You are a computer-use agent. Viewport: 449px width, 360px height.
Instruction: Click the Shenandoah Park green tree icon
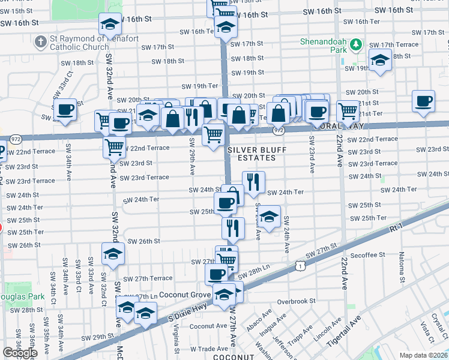pos(356,44)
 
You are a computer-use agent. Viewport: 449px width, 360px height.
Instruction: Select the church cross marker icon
pos(41,42)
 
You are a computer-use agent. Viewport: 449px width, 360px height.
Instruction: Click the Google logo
pos(20,353)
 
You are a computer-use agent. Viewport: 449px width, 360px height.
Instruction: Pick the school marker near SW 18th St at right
pos(379,60)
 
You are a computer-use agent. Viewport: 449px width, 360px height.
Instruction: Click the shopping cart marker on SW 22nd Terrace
pos(113,146)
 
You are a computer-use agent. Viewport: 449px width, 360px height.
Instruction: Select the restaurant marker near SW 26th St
pos(232,227)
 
